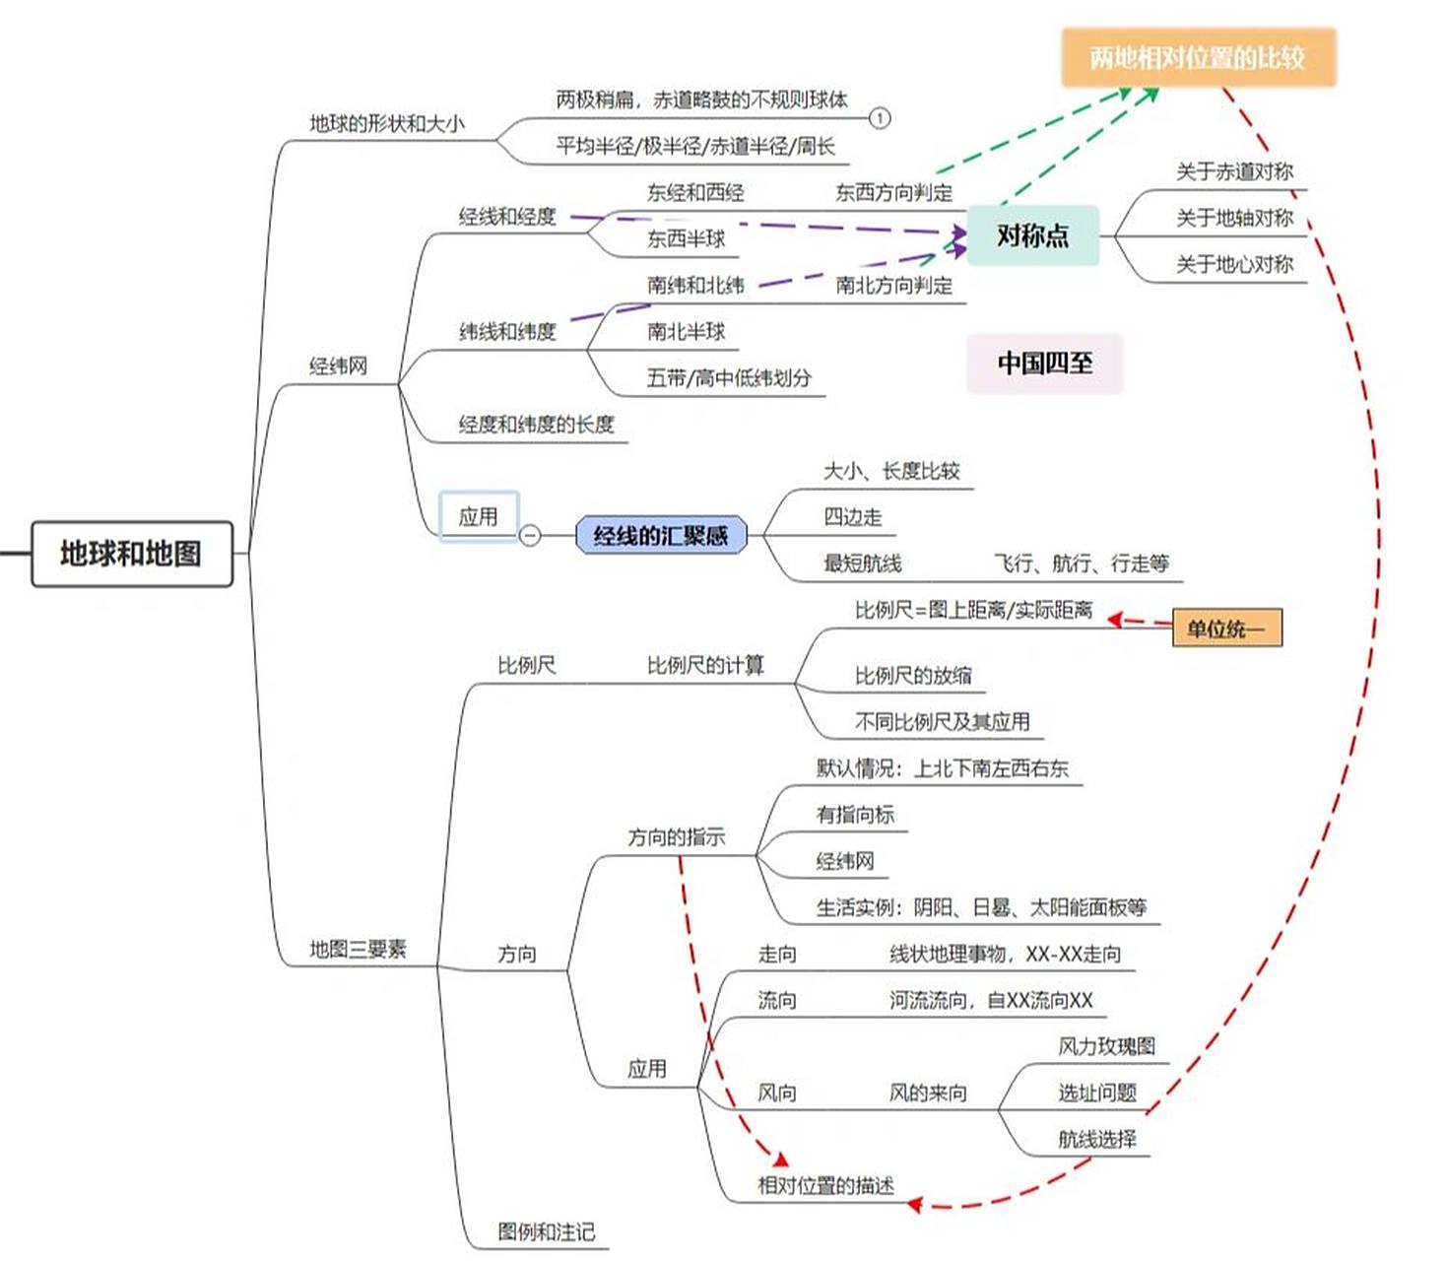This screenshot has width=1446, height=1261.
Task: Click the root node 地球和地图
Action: click(x=132, y=554)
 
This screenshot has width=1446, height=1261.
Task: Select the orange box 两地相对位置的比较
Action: click(x=1197, y=58)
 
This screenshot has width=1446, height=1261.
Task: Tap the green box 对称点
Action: click(x=1032, y=235)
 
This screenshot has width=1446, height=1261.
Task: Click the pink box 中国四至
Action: click(x=1044, y=364)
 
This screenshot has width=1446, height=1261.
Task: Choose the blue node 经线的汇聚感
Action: click(x=661, y=536)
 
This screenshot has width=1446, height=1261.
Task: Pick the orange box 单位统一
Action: click(x=1226, y=629)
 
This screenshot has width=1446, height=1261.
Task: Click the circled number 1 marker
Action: click(x=880, y=118)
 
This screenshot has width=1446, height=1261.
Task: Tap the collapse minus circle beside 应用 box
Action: click(x=530, y=535)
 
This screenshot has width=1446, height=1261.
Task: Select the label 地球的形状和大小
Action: click(x=386, y=124)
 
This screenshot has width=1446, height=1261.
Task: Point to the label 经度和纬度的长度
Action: click(x=536, y=425)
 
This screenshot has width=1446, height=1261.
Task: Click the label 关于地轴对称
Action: click(x=1234, y=218)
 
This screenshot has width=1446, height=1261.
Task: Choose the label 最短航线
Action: click(x=862, y=564)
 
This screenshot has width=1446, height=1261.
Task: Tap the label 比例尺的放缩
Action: click(x=912, y=676)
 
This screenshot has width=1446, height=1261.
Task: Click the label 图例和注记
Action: click(x=546, y=1231)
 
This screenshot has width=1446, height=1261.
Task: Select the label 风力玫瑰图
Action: click(x=1106, y=1046)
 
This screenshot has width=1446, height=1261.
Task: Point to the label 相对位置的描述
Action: click(x=825, y=1186)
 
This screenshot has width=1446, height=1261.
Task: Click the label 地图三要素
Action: click(x=358, y=949)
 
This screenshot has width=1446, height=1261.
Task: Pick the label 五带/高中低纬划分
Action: click(x=729, y=378)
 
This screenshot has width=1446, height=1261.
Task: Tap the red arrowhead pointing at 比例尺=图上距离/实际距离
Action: click(x=1115, y=619)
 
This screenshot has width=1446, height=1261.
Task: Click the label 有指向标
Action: click(x=855, y=815)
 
